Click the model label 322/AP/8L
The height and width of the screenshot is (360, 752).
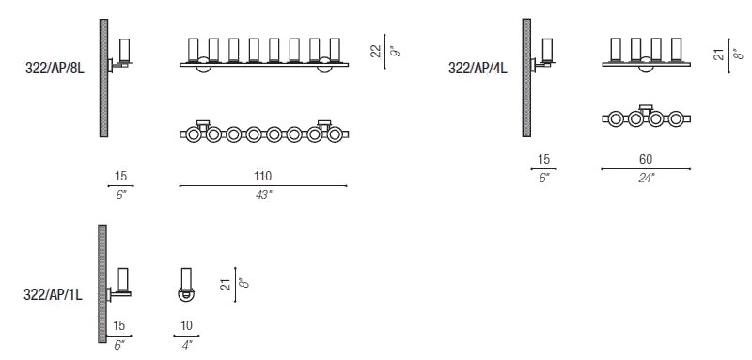(x=55, y=69)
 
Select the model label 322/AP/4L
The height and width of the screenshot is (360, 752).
(x=478, y=69)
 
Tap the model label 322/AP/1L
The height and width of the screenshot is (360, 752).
(x=53, y=295)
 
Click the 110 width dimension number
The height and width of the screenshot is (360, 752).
(x=263, y=177)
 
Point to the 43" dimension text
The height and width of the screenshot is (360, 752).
(x=263, y=195)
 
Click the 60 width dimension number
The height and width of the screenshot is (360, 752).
(x=646, y=159)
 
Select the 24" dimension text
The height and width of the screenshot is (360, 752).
(x=646, y=178)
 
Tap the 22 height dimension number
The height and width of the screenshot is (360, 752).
(x=377, y=51)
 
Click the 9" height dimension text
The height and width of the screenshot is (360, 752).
(x=395, y=52)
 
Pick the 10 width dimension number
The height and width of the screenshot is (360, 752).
(x=186, y=326)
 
